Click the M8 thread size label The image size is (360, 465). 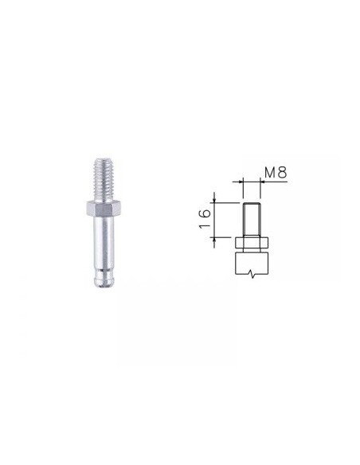click(276, 173)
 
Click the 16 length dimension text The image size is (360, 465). click(205, 218)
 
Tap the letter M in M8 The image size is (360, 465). click(270, 173)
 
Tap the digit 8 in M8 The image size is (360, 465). click(283, 173)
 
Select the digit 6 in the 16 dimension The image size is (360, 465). click(205, 213)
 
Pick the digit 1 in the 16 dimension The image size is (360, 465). click(205, 225)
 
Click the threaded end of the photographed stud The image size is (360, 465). click(103, 180)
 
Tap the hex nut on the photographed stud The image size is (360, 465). click(104, 208)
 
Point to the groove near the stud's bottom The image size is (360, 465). click(104, 271)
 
